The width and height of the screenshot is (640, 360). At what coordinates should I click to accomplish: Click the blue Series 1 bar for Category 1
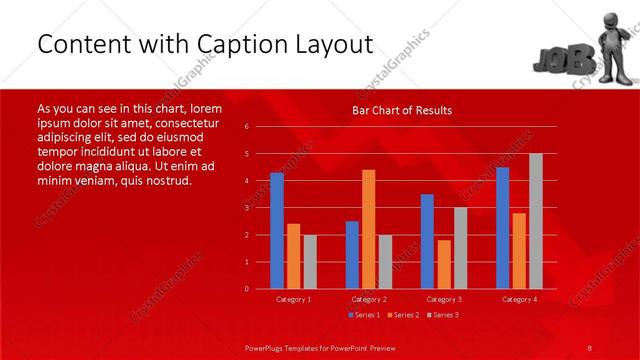tap(277, 231)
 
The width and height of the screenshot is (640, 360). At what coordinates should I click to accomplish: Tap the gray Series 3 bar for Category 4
tap(536, 221)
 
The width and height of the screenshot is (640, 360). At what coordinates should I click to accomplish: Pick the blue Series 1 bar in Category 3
tap(427, 241)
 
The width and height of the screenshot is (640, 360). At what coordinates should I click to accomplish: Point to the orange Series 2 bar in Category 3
tap(444, 264)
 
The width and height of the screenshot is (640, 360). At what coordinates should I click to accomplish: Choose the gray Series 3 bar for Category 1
tap(310, 262)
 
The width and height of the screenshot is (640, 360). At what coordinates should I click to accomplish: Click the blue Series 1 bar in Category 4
tap(502, 228)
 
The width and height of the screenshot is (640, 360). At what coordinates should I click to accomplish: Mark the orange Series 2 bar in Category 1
tap(293, 256)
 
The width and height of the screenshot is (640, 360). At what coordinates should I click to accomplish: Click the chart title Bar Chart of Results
tap(402, 110)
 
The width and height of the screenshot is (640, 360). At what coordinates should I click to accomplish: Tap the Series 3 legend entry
tap(442, 315)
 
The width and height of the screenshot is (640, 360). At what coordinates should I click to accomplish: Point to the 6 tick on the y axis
tap(247, 127)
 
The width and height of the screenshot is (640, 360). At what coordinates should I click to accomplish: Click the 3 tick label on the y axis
tap(247, 208)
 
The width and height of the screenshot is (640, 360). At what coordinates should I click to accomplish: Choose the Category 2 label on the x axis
tap(369, 299)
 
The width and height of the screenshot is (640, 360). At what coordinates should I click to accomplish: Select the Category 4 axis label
tap(519, 299)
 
